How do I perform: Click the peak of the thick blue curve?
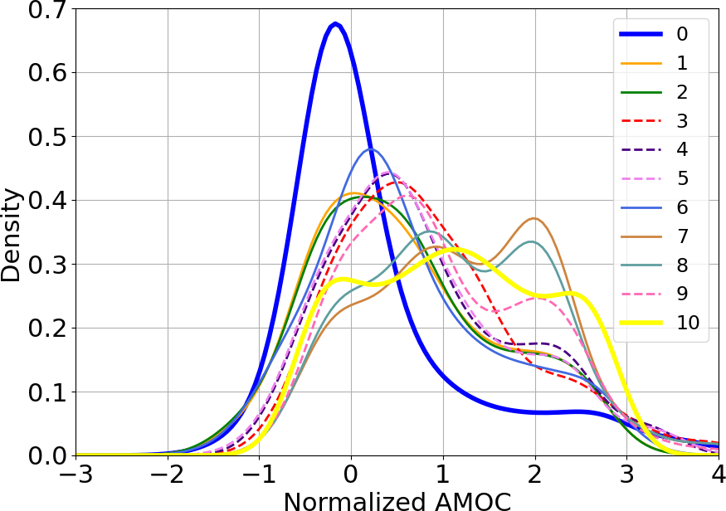click(x=334, y=23)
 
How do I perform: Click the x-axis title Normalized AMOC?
click(x=397, y=499)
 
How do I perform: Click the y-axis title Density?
click(x=12, y=235)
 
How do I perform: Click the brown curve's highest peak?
click(x=535, y=218)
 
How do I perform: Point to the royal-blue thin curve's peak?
click(x=371, y=148)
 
